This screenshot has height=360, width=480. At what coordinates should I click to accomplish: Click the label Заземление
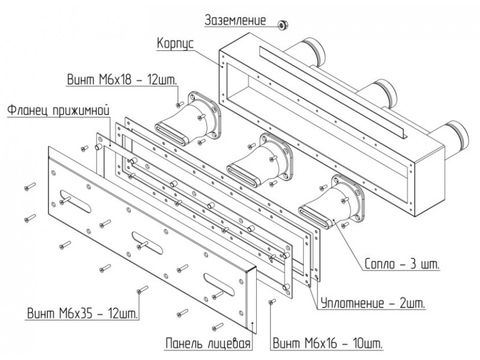[x=235, y=20]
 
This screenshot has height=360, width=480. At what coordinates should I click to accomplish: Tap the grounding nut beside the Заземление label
[x=282, y=25]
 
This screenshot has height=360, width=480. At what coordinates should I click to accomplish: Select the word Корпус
[x=175, y=44]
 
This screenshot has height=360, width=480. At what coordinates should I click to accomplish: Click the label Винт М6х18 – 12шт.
[x=122, y=80]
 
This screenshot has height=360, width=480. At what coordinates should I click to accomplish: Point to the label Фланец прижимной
[x=58, y=110]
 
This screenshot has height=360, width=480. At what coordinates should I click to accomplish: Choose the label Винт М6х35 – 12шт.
[x=83, y=314]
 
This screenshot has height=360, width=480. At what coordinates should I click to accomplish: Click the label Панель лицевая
[x=208, y=343]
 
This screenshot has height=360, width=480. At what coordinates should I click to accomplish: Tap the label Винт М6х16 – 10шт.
[x=328, y=343]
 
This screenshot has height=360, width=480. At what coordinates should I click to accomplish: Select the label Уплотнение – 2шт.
[x=373, y=304]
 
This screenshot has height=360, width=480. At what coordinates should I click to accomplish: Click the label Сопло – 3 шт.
[x=402, y=263]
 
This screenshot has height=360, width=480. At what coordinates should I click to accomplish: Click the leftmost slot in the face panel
[x=76, y=201]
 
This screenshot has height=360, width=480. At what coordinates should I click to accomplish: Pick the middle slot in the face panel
[x=147, y=243]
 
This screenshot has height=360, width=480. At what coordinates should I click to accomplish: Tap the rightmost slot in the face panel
[x=219, y=284]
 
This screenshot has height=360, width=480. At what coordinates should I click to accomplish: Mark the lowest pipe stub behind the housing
[x=452, y=136]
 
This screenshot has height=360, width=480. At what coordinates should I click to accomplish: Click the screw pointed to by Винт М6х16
[x=272, y=302]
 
